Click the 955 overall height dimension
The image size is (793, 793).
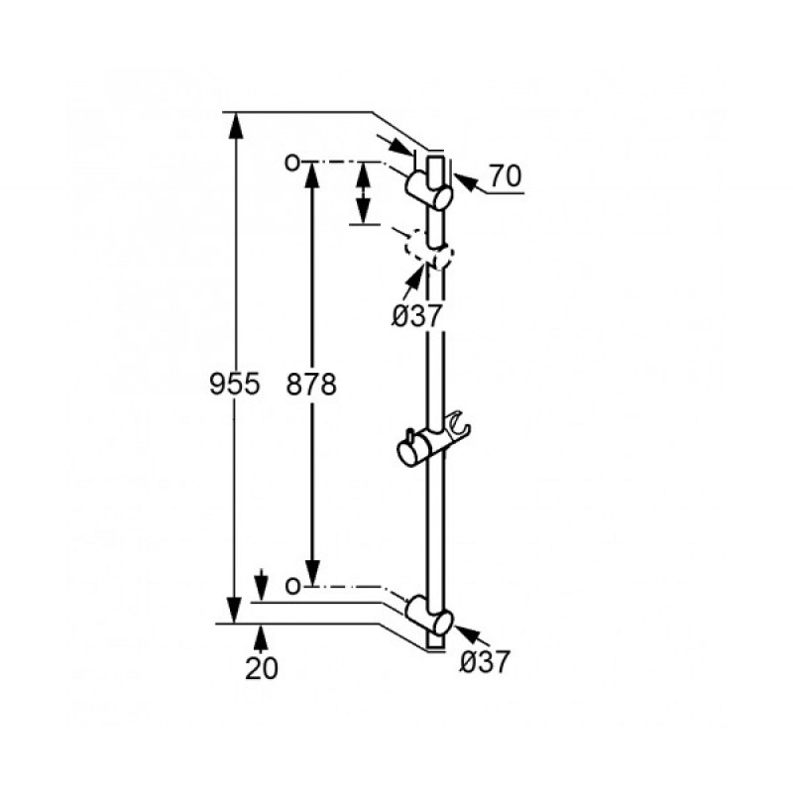pos(235,384)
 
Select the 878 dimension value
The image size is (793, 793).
pos(311,384)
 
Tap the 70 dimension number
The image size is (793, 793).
pos(506,176)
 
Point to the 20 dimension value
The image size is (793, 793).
pos(262,668)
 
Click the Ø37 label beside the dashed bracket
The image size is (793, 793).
pos(417,317)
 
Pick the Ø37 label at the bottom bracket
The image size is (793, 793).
pos(485,661)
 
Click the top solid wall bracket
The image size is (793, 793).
pos(429,189)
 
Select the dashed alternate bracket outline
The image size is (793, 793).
pos(429,250)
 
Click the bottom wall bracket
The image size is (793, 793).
pos(429,616)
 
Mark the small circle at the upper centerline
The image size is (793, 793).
pos(291,163)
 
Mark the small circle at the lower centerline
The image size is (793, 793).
pos(291,586)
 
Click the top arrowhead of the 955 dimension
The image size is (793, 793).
pos(235,125)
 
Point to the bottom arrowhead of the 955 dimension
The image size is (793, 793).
pos(235,611)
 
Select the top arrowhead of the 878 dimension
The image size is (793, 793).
pos(312,175)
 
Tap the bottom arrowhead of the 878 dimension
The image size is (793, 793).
pos(312,573)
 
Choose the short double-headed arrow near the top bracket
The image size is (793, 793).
pos(363,192)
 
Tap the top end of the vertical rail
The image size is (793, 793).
pos(436,158)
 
